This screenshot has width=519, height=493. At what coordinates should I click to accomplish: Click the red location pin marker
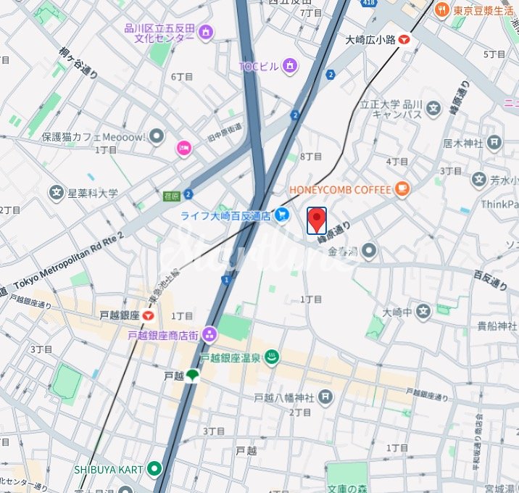tap(317, 220)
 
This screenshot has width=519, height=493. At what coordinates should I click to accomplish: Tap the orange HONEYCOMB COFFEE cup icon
tap(401, 190)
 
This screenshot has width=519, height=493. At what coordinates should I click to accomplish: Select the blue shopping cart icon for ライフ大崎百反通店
tap(282, 214)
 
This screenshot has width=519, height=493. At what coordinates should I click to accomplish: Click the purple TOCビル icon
tap(290, 67)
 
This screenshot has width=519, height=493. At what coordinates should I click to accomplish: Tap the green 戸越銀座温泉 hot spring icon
tap(272, 357)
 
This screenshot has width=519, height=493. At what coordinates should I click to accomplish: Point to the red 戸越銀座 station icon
tap(149, 315)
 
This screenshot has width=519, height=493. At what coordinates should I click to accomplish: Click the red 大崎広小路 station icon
tap(404, 40)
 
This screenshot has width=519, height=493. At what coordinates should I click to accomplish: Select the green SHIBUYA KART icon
tap(154, 468)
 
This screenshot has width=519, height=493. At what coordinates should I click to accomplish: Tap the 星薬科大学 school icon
tap(56, 193)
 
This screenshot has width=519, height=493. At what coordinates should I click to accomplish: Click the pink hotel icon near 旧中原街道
tap(184, 149)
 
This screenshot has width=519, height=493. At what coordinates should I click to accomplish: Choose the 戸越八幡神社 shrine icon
tap(325, 397)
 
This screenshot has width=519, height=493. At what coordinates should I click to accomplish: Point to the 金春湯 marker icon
tap(370, 252)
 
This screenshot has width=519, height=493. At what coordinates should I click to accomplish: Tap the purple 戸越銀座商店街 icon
tap(209, 334)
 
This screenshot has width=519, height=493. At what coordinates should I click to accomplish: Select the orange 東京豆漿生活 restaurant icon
tap(440, 10)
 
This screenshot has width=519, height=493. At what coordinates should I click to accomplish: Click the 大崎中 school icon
tap(423, 312)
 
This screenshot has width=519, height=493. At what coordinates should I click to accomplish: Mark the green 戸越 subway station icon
tap(193, 376)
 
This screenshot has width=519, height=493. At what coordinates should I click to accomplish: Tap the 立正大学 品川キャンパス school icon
tap(433, 109)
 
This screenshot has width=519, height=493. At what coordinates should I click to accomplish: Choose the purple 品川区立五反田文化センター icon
tap(206, 32)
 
